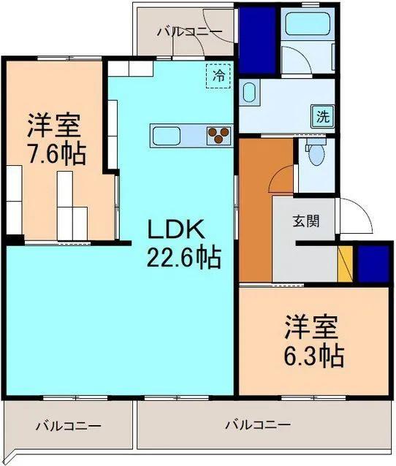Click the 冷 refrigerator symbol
tap(218, 75)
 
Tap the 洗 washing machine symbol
tap(322, 115)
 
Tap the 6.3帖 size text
tap(313, 356)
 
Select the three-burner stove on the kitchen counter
tap(218, 134)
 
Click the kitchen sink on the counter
tap(169, 134)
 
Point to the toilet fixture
tap(316, 155)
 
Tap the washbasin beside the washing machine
tap(248, 93)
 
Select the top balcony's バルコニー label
tap(190, 31)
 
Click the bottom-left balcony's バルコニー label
tap(68, 425)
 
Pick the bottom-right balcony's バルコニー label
tap(258, 424)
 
